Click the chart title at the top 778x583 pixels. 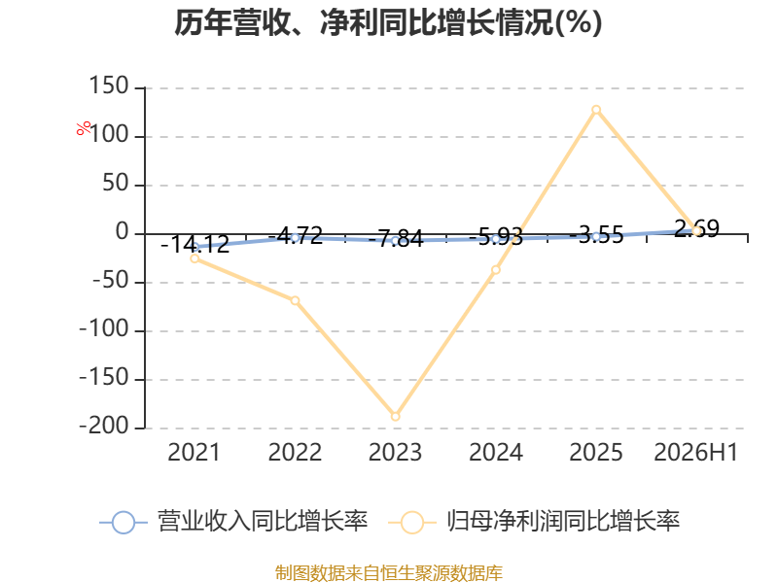tap(388, 22)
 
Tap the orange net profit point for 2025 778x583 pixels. tap(596, 110)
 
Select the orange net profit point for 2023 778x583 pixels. tap(396, 417)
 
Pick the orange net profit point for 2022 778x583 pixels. tap(296, 300)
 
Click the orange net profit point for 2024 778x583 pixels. tap(496, 270)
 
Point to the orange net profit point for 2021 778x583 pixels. tap(194, 258)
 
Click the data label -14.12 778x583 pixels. tap(195, 245)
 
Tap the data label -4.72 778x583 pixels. tap(296, 235)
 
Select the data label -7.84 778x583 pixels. tap(396, 238)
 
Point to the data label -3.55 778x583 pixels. tap(596, 234)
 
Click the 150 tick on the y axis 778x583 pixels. tap(109, 86)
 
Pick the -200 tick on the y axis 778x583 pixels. tap(104, 427)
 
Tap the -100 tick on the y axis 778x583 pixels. tap(104, 329)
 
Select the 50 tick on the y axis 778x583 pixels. tap(116, 184)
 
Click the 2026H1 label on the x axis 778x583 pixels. tap(696, 452)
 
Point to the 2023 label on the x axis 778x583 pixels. tap(396, 452)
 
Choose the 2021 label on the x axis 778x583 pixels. tap(194, 452)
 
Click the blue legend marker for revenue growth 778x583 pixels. tap(124, 523)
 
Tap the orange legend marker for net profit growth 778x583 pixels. tap(411, 523)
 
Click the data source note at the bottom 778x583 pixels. tap(389, 573)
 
